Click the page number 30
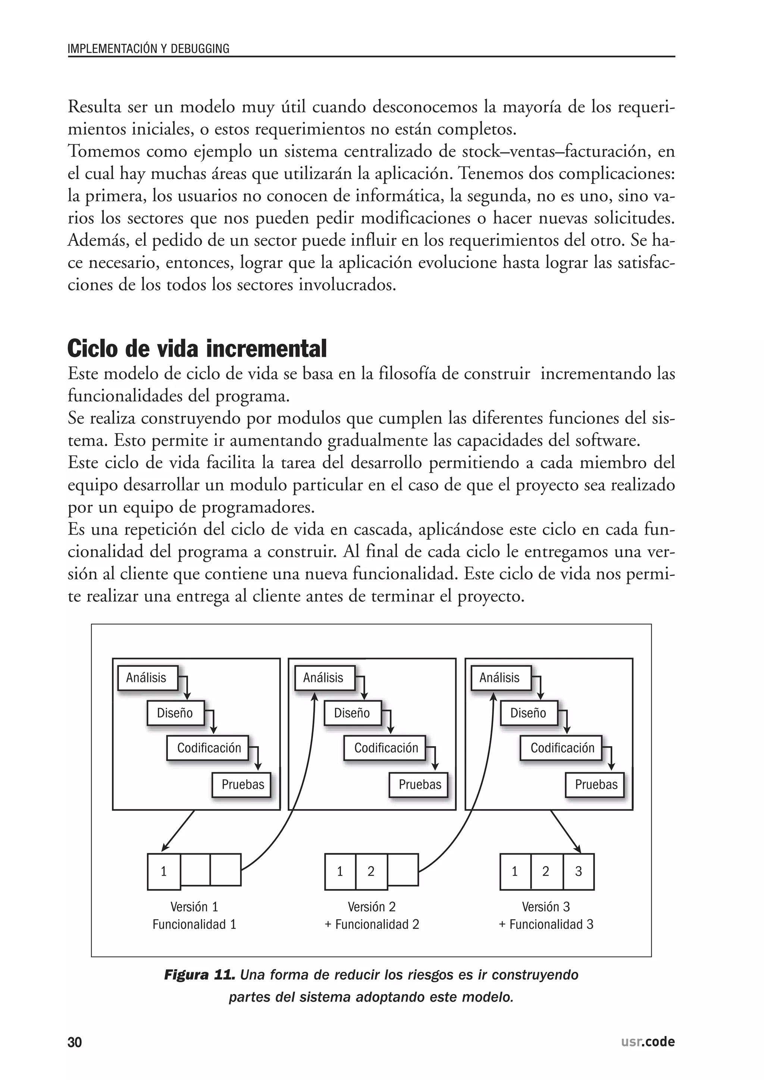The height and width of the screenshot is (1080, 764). (x=75, y=1042)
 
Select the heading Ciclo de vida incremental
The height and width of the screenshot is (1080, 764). (x=197, y=348)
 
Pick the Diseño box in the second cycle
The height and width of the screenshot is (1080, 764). (x=352, y=713)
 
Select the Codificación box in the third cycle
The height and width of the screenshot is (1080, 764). (x=562, y=748)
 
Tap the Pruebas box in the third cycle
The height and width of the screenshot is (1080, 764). (x=596, y=784)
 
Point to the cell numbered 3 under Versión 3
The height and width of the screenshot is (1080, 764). (x=578, y=871)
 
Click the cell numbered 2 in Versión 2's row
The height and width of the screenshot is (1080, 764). (x=371, y=871)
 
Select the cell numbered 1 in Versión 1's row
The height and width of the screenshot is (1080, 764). (x=164, y=871)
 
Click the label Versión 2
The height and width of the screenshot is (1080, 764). (x=371, y=907)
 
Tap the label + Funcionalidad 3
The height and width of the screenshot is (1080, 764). (x=546, y=924)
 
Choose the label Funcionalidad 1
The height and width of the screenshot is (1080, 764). (x=194, y=924)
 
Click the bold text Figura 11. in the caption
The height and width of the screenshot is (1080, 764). (x=199, y=975)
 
